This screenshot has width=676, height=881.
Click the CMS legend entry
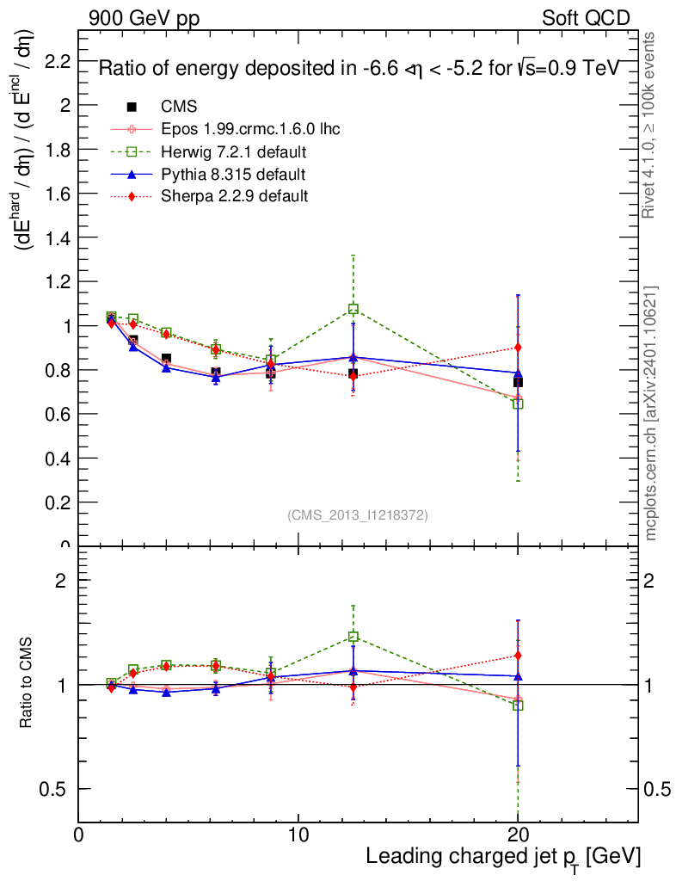(179, 107)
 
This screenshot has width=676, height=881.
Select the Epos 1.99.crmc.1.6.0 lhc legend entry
(250, 129)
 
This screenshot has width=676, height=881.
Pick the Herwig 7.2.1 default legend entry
(233, 152)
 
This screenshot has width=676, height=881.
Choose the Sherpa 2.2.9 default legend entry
(235, 197)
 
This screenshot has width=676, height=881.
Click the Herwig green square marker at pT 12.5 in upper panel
(353, 309)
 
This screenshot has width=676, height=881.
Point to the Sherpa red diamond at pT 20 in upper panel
(518, 348)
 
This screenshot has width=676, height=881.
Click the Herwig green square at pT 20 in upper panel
(518, 404)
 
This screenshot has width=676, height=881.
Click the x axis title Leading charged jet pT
(503, 857)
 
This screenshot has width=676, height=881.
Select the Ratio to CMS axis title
(29, 684)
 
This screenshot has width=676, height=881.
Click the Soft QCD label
(586, 18)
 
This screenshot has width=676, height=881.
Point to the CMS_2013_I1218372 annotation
(358, 514)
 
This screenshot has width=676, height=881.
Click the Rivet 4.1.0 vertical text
(650, 125)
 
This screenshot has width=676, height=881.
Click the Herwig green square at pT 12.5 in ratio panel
(353, 637)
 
